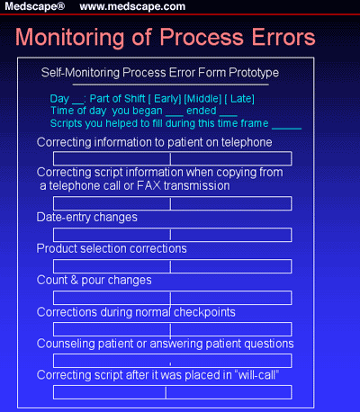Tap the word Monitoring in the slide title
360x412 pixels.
pyautogui.click(x=76, y=39)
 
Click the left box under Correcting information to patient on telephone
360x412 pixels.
pyautogui.click(x=112, y=158)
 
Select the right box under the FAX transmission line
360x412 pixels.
pyautogui.click(x=230, y=202)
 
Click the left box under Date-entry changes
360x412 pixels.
pyautogui.click(x=112, y=234)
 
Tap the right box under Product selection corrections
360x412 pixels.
pyautogui.click(x=230, y=265)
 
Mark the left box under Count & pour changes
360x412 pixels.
pyautogui.click(x=112, y=297)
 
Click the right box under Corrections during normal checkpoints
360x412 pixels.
pyautogui.click(x=230, y=328)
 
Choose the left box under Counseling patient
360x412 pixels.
pyautogui.click(x=112, y=360)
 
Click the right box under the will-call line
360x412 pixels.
pyautogui.click(x=229, y=391)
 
